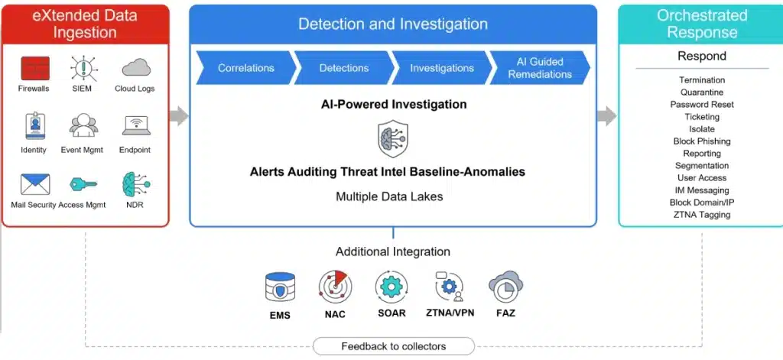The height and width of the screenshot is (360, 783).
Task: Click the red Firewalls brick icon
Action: tap(35, 68)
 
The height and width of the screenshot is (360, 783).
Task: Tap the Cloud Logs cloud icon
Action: tap(136, 67)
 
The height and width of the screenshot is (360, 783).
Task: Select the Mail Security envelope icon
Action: tap(35, 184)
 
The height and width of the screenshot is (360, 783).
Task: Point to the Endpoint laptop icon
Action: tap(135, 126)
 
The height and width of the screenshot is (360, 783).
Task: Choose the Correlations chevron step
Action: tap(245, 68)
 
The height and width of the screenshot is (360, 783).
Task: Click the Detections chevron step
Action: tap(343, 68)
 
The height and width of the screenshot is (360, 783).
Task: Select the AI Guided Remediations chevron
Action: tap(539, 68)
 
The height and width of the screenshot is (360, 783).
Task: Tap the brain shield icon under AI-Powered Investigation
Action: tap(393, 138)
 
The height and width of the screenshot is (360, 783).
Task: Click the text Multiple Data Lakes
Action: tap(389, 196)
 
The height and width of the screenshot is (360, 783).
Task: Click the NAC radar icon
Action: tap(335, 286)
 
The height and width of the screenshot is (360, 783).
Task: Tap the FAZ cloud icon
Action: tap(505, 287)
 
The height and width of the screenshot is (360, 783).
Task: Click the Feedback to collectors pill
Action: tap(394, 346)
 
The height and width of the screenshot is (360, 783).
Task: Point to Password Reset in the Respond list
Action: tap(702, 105)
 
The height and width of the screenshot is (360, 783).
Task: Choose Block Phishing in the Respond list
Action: tap(702, 141)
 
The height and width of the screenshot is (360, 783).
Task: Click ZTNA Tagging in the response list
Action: tap(702, 215)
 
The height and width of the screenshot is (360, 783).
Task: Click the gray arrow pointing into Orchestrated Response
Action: tap(607, 116)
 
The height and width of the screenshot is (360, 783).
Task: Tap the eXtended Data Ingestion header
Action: tap(86, 24)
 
